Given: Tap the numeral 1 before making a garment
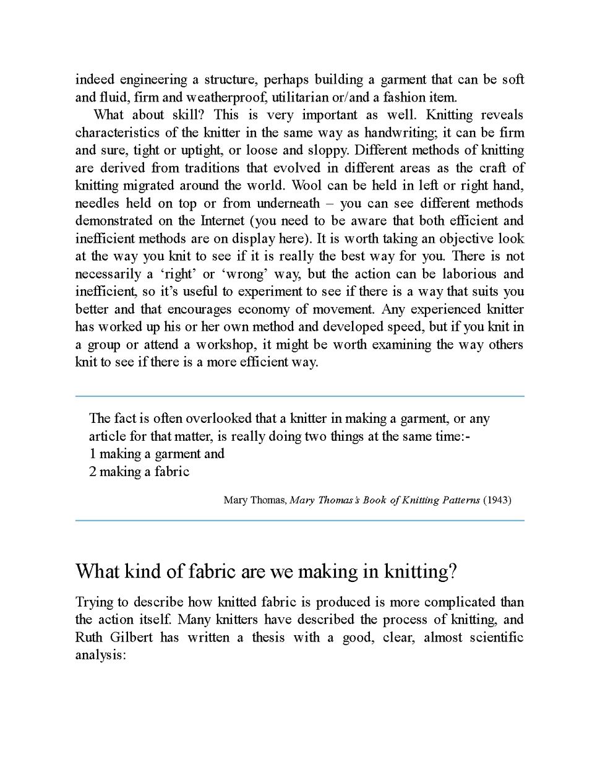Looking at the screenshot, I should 93,454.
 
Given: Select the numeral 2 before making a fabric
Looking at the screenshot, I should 93,472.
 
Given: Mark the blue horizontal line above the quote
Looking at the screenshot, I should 299,396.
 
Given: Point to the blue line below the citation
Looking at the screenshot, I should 299,521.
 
